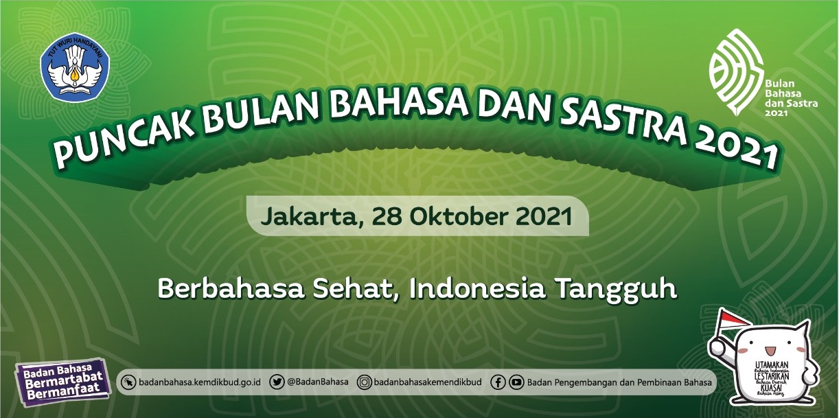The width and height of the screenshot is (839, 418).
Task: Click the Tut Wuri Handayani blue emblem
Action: click(x=75, y=69)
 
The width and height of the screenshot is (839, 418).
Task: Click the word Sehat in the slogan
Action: click(x=355, y=288)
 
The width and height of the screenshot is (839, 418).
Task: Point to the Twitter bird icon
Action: click(x=277, y=382)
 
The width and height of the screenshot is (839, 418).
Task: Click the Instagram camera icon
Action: click(x=366, y=382)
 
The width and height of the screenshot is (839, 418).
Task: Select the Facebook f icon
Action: click(x=499, y=382)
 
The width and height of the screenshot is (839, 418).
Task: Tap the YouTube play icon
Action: click(x=516, y=382)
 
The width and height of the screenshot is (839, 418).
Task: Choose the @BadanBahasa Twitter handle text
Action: click(x=317, y=382)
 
